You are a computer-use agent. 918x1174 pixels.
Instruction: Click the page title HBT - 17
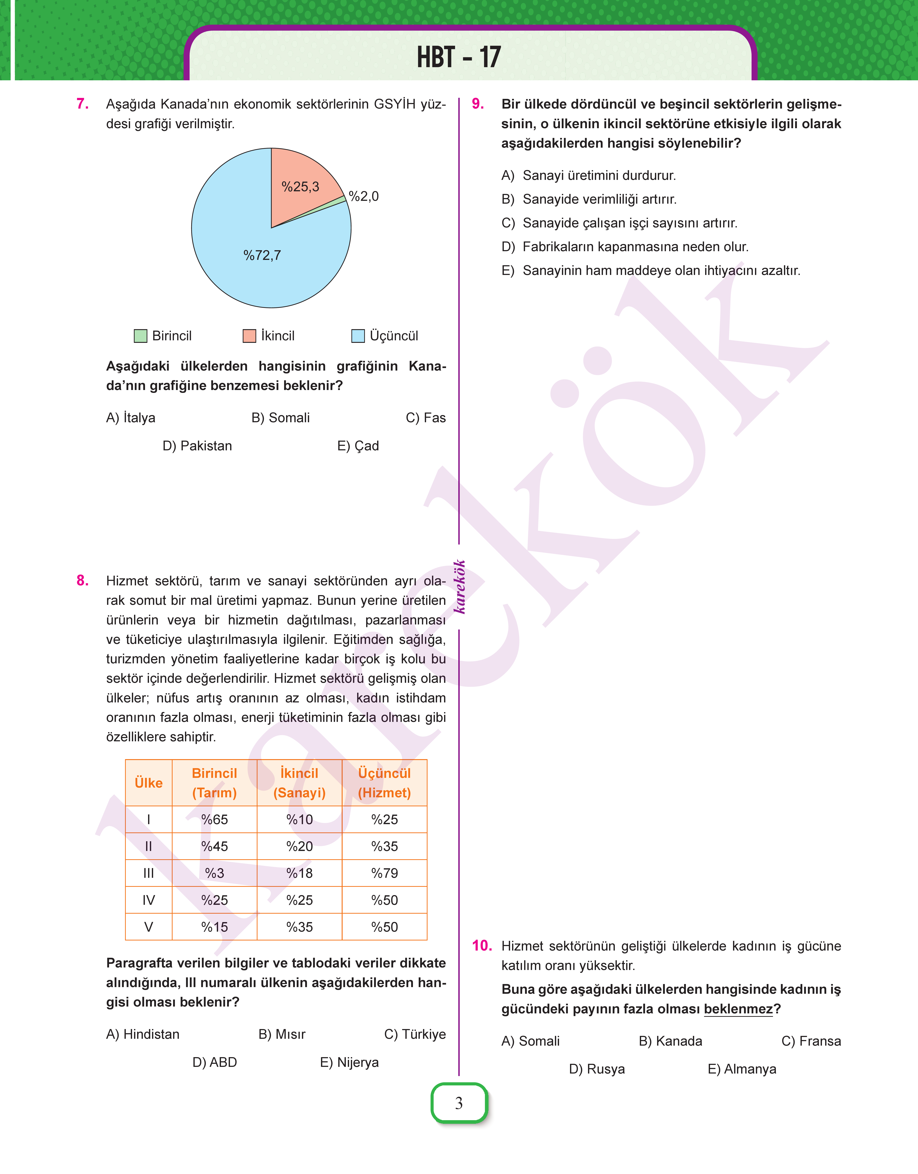coord(458,57)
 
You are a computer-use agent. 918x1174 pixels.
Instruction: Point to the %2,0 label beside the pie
coord(364,196)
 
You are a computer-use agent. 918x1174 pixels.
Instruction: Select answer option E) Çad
coord(358,446)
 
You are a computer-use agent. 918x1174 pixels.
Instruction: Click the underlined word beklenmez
coord(738,1009)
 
